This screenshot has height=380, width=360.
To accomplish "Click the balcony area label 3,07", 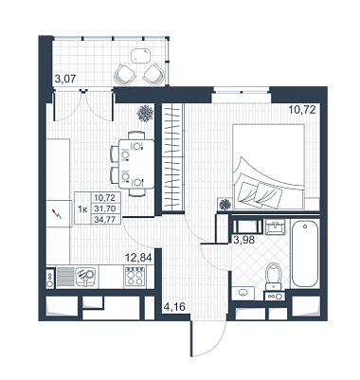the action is [65, 79].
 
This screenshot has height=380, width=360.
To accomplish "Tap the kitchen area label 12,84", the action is [138, 258].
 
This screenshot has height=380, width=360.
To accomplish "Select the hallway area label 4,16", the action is [174, 306].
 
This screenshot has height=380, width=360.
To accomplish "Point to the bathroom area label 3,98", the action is [243, 239].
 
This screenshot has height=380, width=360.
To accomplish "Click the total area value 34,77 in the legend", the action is [105, 219].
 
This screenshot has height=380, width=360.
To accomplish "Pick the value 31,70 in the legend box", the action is [105, 208].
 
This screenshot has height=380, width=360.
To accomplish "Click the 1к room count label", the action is [82, 208].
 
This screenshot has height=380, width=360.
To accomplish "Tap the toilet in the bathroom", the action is [274, 276].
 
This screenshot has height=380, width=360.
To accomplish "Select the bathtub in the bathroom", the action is [305, 253].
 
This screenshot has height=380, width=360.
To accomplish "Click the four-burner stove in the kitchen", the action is [135, 277].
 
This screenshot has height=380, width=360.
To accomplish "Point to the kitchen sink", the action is [84, 276].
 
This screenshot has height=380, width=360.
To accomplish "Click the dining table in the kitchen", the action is [136, 164].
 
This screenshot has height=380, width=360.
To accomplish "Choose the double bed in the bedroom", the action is [268, 167].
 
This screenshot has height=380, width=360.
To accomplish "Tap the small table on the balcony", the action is [140, 57].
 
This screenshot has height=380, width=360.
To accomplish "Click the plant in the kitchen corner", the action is [145, 113].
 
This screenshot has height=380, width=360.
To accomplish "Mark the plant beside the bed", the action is [225, 205].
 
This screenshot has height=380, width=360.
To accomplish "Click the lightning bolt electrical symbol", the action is [58, 214].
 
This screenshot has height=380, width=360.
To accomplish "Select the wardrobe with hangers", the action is [172, 156].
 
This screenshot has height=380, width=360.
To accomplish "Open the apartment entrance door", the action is [208, 338].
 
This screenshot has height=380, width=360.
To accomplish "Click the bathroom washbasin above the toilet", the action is [276, 227].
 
